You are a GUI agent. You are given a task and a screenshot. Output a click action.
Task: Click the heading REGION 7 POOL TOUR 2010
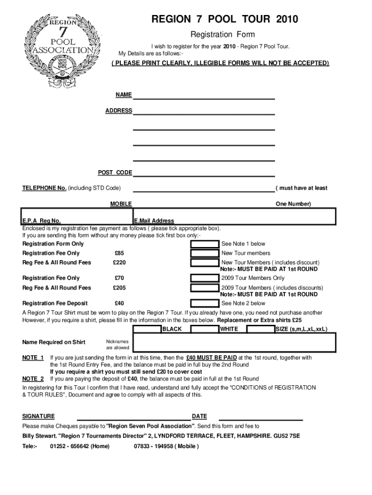coord(225,20)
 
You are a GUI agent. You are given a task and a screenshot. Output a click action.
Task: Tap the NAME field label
coord(123,95)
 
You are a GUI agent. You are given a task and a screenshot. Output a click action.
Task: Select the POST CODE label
coord(115,173)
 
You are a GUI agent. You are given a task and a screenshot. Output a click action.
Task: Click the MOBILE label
coord(121,204)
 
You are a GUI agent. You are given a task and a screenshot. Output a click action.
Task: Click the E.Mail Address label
coord(154,221)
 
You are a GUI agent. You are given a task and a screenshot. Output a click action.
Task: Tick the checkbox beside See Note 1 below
coord(205,244)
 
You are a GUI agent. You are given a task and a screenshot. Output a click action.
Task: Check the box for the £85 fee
coord(205,253)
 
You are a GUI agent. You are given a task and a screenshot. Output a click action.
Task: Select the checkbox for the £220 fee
coord(205,263)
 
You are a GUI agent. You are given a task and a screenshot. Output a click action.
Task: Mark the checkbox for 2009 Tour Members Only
coord(205,278)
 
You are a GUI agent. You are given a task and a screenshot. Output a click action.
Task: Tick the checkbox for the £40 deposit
coord(205,304)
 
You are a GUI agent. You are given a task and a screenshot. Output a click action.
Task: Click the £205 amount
coord(119,288)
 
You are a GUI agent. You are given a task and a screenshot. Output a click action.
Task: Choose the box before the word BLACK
coord(147,329)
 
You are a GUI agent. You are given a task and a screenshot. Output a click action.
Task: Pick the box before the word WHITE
coord(205,329)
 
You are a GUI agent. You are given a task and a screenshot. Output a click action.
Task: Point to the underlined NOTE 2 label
coord(33,379)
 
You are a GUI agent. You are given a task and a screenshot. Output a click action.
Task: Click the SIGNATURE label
coord(39,417)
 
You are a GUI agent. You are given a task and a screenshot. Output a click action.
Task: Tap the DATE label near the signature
coord(199,417)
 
